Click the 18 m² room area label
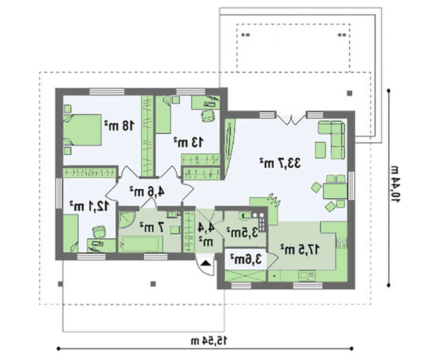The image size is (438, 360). (119, 126)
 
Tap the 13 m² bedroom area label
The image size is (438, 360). (188, 142)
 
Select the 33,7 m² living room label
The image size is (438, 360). (280, 163)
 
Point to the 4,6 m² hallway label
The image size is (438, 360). (147, 191)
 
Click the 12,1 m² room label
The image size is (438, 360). (89, 206)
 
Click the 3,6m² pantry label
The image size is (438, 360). (246, 259)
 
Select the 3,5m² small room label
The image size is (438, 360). (242, 233)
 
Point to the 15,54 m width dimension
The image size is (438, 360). (209, 341)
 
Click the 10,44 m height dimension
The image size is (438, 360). (396, 184)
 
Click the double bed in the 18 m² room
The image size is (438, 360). (82, 130)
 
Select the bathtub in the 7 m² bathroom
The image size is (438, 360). (140, 244)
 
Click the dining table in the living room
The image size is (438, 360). (335, 191)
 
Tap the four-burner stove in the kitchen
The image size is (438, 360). (342, 243)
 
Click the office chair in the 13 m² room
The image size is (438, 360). (208, 116)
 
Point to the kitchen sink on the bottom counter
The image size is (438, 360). (307, 275)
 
